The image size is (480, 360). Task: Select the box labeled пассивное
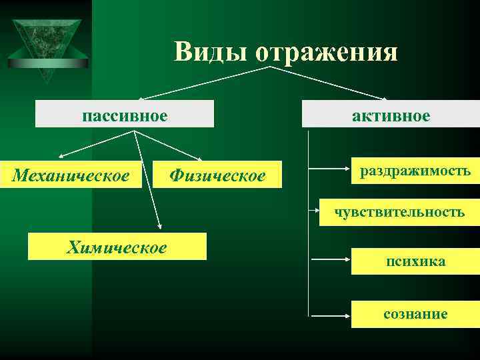click(x=125, y=115)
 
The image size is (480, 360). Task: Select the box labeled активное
click(x=391, y=115)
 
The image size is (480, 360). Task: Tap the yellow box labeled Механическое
click(x=71, y=175)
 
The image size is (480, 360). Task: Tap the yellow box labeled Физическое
click(x=217, y=175)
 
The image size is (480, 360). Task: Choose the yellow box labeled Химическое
click(x=117, y=247)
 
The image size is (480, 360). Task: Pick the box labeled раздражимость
click(x=415, y=171)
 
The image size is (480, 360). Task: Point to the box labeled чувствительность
click(x=399, y=212)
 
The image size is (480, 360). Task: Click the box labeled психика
click(x=415, y=261)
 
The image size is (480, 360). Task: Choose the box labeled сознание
click(x=415, y=314)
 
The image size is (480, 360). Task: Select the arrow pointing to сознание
click(x=329, y=314)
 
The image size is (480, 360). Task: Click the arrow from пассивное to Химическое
click(x=148, y=180)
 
